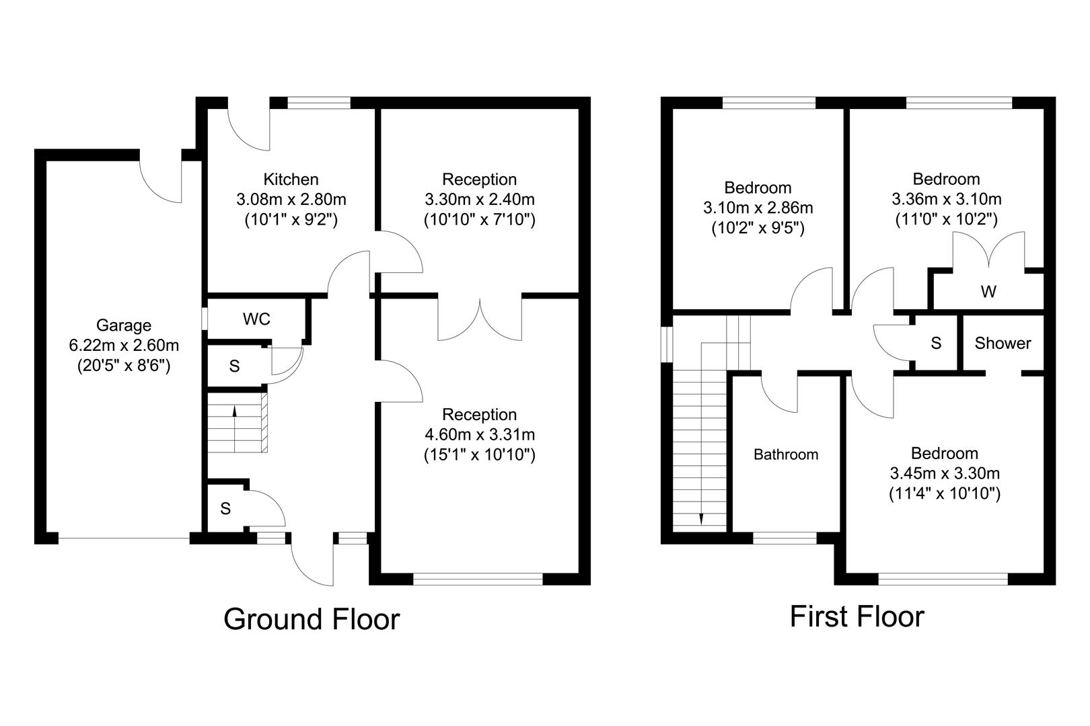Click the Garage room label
(124, 326)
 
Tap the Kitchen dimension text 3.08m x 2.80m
(291, 200)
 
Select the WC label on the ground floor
(256, 319)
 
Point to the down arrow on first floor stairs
(701, 518)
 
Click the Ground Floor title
(311, 619)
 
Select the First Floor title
(857, 616)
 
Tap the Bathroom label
(785, 455)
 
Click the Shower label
(1002, 344)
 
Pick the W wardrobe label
(988, 292)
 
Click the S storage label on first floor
(935, 344)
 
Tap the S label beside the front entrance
(225, 509)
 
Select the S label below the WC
(234, 367)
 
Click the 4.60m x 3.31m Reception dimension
(479, 435)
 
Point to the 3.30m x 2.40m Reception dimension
(479, 200)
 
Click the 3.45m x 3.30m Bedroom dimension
(944, 473)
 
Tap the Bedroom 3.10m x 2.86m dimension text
(758, 208)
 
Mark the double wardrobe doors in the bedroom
(988, 251)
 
